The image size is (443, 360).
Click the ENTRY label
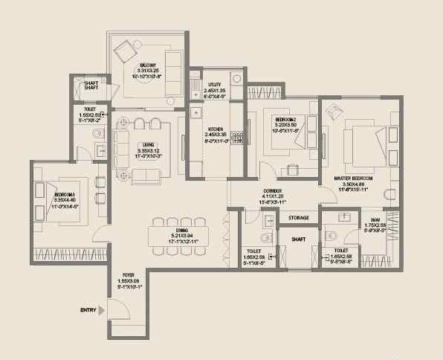(x=88, y=309)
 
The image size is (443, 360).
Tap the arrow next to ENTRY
(x=103, y=309)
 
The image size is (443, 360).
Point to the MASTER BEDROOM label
(x=353, y=179)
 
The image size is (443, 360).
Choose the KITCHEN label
(x=216, y=128)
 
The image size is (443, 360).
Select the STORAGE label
(x=299, y=218)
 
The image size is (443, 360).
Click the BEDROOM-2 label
(x=285, y=119)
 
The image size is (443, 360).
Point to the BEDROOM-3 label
(x=64, y=195)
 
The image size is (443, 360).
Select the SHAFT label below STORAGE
(x=299, y=240)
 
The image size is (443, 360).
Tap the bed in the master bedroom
(x=365, y=142)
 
